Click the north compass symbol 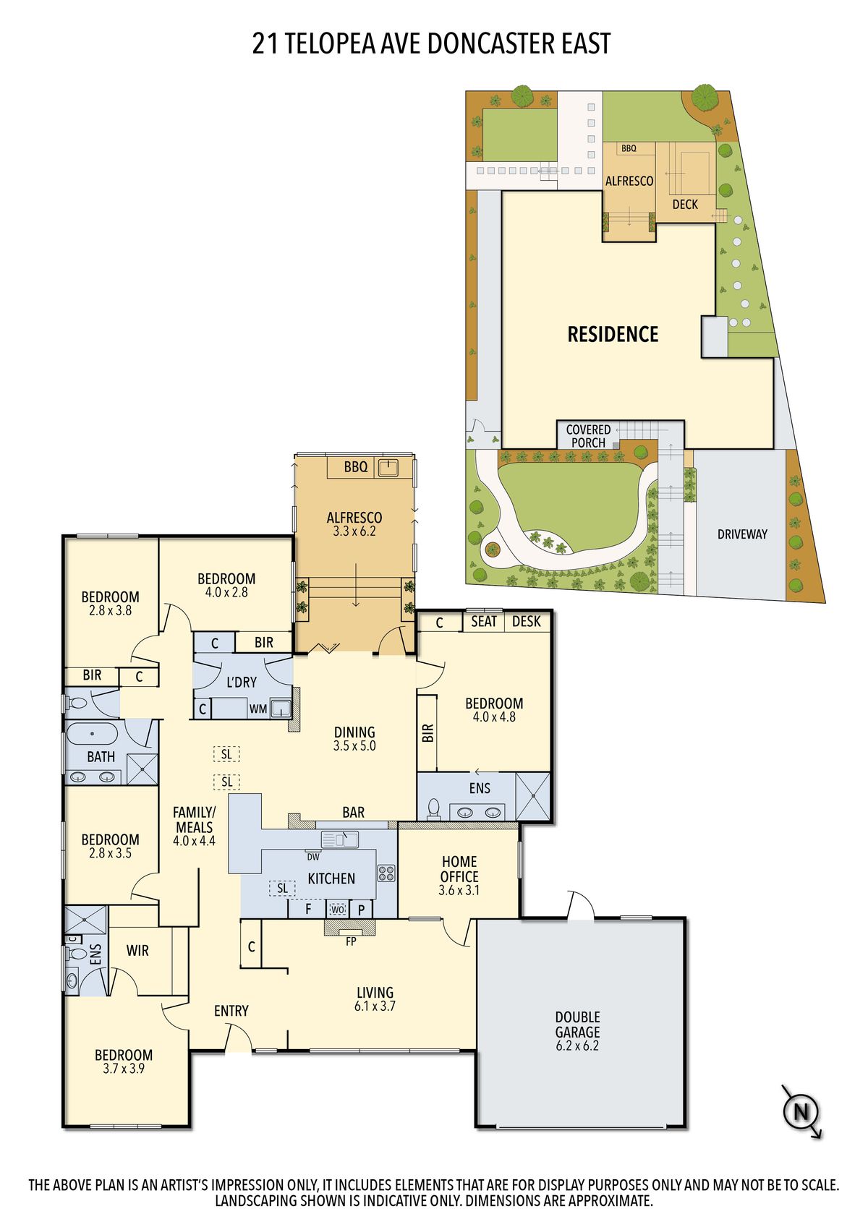801,1113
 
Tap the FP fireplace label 351,941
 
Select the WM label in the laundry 258,709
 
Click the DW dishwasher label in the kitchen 313,857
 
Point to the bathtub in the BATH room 92,733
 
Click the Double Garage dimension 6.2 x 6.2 577,1045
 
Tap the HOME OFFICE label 459,869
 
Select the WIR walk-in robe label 137,950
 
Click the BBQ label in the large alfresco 356,466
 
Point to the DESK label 526,621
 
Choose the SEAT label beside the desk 483,621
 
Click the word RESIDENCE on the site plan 613,334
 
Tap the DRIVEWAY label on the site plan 742,534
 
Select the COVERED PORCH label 588,436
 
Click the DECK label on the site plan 685,205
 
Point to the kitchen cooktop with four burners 386,873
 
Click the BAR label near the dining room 353,813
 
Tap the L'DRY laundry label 241,682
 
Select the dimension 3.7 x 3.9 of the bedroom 123,1068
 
